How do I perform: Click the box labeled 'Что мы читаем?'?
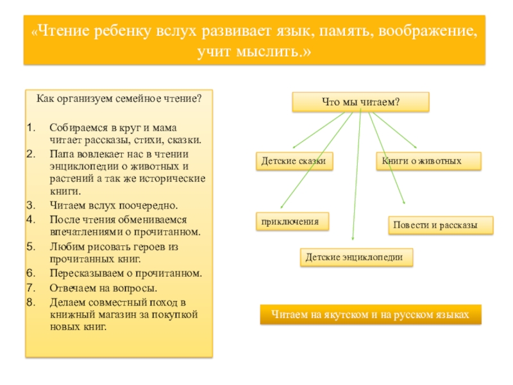360,101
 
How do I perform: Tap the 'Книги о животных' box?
428,161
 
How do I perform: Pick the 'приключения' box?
292,221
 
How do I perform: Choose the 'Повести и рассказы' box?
441,225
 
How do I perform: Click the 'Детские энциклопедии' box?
357,257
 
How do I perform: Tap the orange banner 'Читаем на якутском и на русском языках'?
370,315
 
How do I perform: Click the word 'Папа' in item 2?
61,155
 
